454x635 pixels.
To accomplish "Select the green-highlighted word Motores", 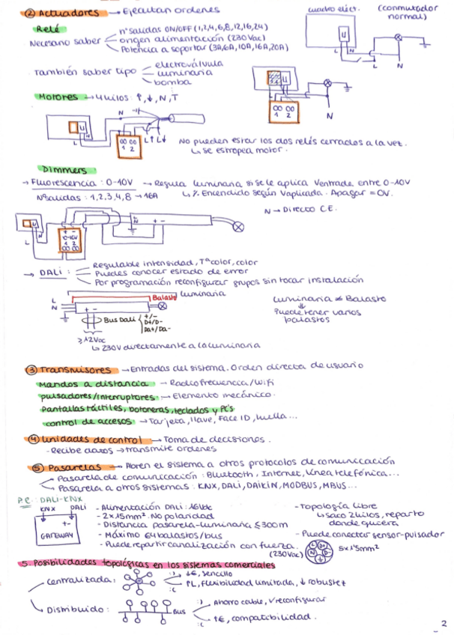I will click(x=58, y=97).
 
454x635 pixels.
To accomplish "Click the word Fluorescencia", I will click(x=62, y=183).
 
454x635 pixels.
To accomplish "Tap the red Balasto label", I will click(x=163, y=297).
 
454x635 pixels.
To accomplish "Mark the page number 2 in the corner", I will click(x=444, y=623).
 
